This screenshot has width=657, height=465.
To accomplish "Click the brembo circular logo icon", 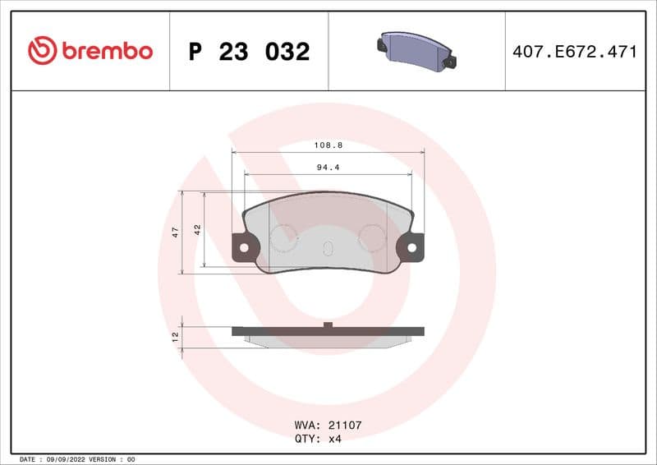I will (x=42, y=51).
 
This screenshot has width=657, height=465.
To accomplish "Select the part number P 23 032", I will (x=249, y=52).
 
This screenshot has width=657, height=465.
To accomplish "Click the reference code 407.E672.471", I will (x=574, y=52).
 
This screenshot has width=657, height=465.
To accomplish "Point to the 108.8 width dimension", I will (x=328, y=145).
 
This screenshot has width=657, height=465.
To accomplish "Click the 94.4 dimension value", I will (x=328, y=167).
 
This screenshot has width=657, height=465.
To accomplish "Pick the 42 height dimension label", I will (x=197, y=230).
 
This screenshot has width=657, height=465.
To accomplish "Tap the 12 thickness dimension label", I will (x=175, y=337).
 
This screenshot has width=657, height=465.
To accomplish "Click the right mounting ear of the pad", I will (x=412, y=246).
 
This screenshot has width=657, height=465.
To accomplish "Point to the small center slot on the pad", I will (x=328, y=249).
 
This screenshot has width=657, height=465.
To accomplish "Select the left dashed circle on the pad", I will (x=284, y=238).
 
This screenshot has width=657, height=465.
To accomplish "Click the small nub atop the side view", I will (x=328, y=325).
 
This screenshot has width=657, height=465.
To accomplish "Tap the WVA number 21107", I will (x=345, y=426).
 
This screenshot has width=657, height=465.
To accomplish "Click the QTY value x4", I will (x=334, y=439).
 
